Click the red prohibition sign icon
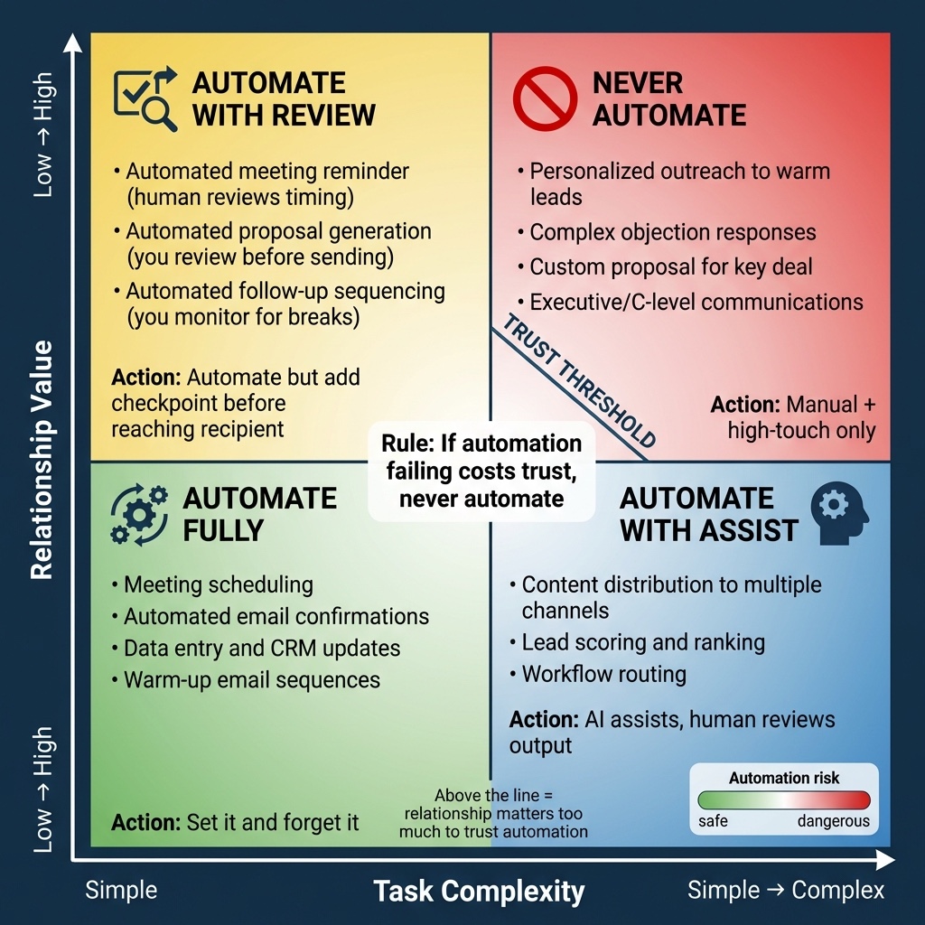point(545,98)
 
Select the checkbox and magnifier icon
point(145,98)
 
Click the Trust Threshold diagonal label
point(579,381)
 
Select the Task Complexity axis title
point(479,891)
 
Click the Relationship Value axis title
point(42,460)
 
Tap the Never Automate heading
point(669,98)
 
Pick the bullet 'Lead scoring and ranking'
point(638,642)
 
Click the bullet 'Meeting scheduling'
point(213,584)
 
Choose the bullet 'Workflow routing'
point(598,674)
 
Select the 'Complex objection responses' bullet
point(667,232)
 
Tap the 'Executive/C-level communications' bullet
point(690,302)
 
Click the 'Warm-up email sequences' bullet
point(246,680)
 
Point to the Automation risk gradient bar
point(784,800)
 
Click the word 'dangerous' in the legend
point(834,821)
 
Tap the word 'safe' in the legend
point(713,821)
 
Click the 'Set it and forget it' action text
point(273,822)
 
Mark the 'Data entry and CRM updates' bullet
point(256,649)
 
